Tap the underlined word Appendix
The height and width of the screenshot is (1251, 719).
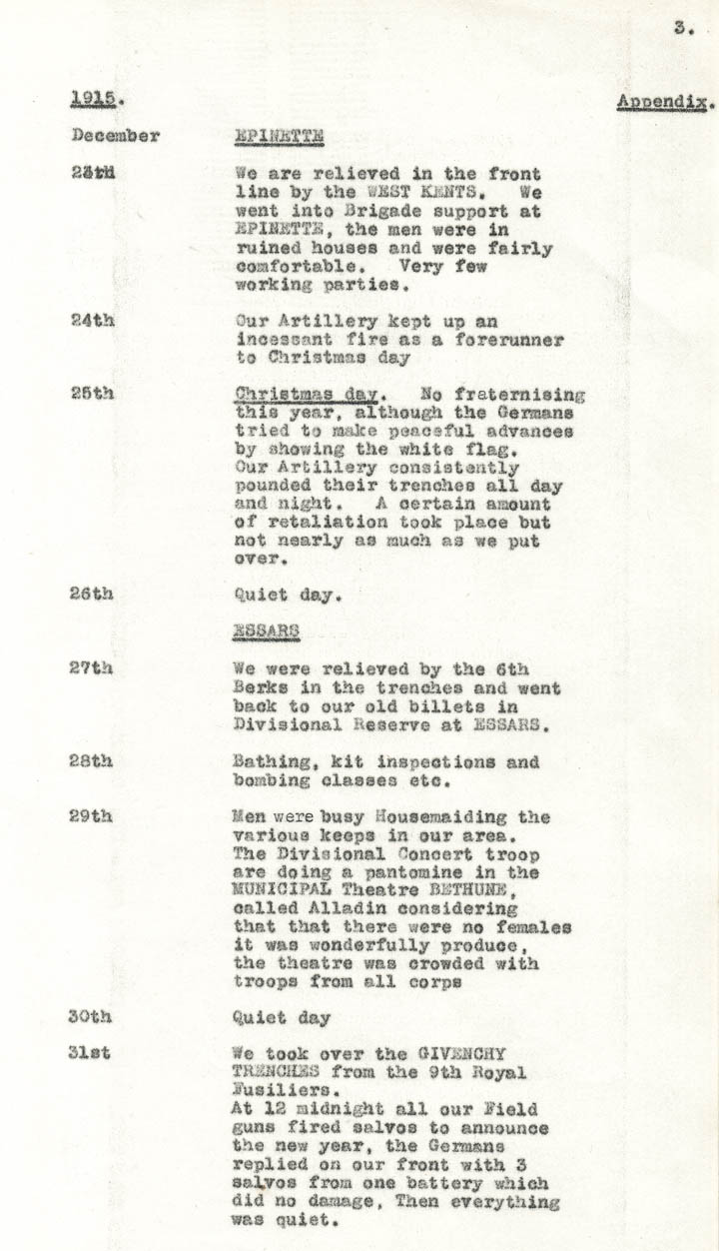663,102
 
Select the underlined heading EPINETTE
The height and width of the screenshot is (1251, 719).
273,136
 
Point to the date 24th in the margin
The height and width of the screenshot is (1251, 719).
92,322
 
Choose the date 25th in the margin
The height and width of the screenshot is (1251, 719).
92,394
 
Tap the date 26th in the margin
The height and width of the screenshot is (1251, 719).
92,594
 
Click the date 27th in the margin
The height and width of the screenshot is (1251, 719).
92,668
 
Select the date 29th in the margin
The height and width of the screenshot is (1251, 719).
92,816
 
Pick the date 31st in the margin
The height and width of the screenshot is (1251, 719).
90,1053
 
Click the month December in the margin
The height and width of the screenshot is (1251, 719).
115,136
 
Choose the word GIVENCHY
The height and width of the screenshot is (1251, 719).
463,1053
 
